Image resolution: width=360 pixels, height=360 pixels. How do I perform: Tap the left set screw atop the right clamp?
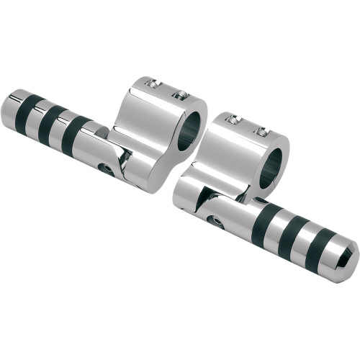[231, 120]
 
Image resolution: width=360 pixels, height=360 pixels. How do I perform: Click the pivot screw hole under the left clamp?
[126, 169]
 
